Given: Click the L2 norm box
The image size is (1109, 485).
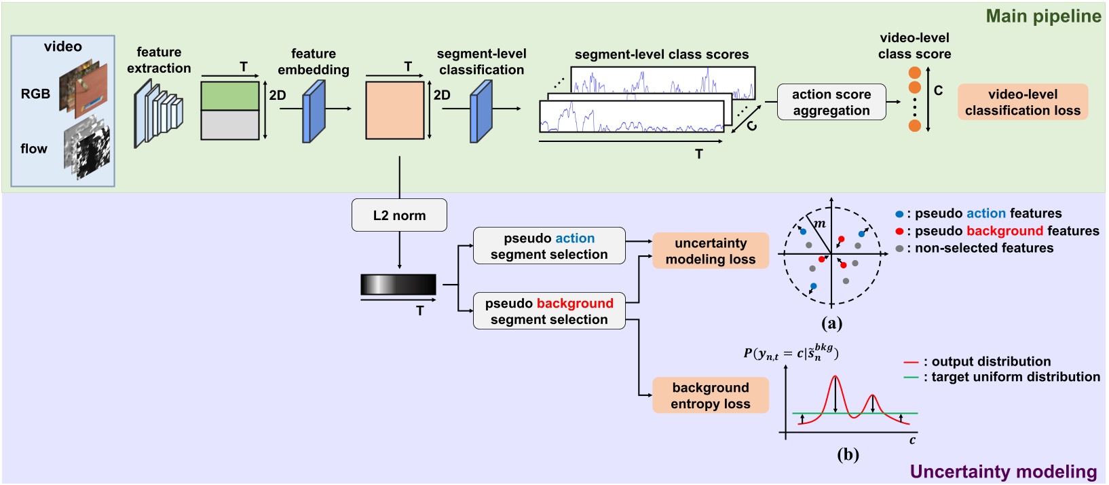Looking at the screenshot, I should (399, 215).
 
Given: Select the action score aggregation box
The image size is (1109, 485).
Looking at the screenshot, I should (831, 103).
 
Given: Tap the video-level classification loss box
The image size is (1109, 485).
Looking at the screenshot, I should (1022, 103).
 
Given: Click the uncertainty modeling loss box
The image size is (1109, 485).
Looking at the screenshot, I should (710, 251).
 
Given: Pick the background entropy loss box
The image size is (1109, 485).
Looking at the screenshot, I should (710, 395).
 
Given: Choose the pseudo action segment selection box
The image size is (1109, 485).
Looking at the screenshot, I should (548, 246).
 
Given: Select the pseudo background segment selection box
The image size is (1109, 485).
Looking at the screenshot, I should (548, 311).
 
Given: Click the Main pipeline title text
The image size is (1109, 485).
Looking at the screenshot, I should (1042, 16).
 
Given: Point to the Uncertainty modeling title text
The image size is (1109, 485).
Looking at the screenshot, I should (1002, 471).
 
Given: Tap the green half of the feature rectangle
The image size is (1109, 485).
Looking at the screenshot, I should (230, 96).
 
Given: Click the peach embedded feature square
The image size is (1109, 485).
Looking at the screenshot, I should (394, 110).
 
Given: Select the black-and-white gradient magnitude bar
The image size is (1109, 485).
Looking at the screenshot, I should (398, 285).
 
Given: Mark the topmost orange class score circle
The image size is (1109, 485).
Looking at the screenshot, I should (914, 73).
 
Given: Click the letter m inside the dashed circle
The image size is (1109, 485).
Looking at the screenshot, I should (820, 223).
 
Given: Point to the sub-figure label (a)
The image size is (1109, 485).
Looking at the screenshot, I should (831, 323).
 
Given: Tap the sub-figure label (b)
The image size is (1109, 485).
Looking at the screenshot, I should (848, 454).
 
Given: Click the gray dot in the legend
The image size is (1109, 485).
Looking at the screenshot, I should (899, 249).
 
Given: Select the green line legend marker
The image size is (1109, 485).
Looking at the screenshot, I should (911, 377).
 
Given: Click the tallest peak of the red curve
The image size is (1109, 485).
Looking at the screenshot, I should (835, 378).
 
